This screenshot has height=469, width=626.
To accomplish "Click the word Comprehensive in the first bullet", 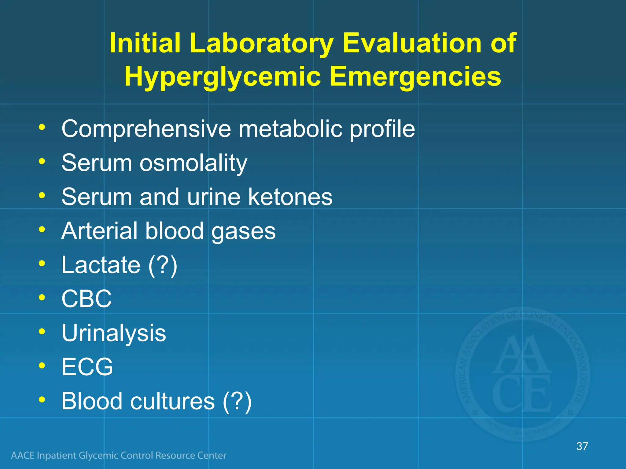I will tap(146, 129).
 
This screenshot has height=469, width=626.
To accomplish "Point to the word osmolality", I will tap(193, 163).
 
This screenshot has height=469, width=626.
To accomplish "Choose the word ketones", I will tap(290, 197).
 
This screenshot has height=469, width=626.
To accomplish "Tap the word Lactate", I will tap(101, 265).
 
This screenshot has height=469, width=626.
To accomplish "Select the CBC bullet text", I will tap(87, 299).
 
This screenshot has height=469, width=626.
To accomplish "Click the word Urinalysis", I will tap(114, 333).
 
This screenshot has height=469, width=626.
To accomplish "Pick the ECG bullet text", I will tap(87, 367).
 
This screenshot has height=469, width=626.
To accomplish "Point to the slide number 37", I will tap(582, 446).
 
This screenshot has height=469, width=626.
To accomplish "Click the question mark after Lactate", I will tap(163, 265).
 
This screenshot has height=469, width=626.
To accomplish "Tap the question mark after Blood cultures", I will tap(237, 401).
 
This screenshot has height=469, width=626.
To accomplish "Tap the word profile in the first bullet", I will tap(382, 129).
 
